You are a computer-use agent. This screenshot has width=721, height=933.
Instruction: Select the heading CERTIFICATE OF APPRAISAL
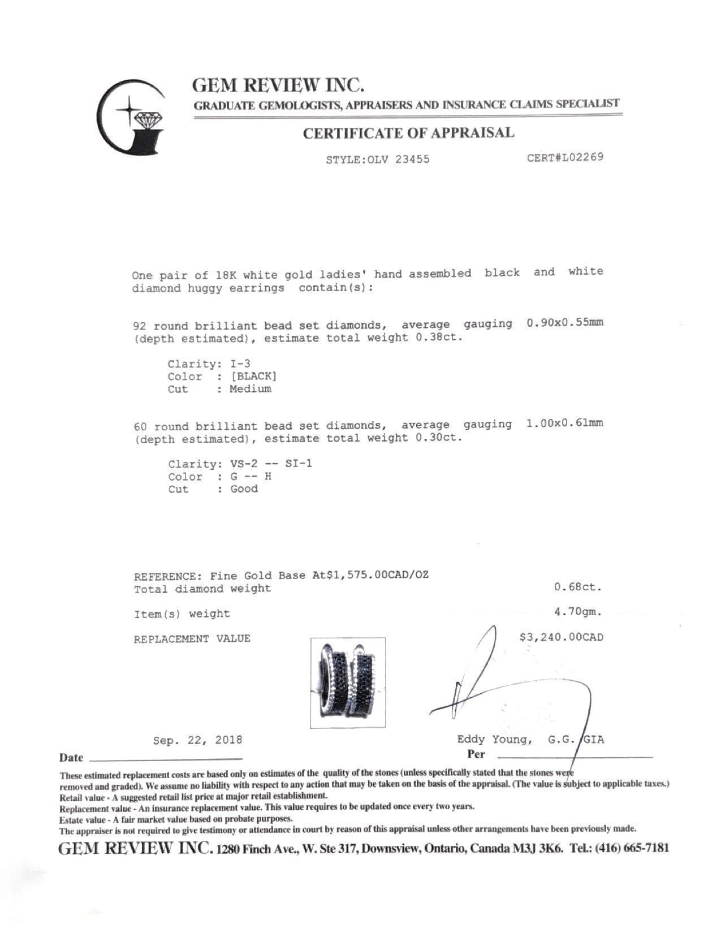click(x=408, y=133)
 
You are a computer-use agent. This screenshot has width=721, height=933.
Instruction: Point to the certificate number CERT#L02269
click(x=565, y=157)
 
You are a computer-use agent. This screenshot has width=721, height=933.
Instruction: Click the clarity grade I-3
click(x=244, y=364)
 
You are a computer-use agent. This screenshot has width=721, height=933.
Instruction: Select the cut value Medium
click(x=251, y=389)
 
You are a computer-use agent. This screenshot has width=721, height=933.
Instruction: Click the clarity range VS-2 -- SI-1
click(x=271, y=464)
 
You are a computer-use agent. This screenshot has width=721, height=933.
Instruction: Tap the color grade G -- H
click(x=251, y=477)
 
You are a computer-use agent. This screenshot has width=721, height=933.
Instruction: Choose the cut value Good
click(x=244, y=489)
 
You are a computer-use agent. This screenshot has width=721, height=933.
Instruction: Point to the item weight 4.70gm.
click(x=578, y=612)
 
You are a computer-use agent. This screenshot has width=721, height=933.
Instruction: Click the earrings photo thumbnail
click(x=348, y=683)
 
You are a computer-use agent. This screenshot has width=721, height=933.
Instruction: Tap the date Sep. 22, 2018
click(x=197, y=740)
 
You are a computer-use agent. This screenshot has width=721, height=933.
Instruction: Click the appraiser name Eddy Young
click(x=494, y=740)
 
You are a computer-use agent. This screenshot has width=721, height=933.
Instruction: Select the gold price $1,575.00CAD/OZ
click(x=376, y=576)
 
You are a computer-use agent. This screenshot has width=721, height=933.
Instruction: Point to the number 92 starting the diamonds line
click(x=140, y=326)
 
